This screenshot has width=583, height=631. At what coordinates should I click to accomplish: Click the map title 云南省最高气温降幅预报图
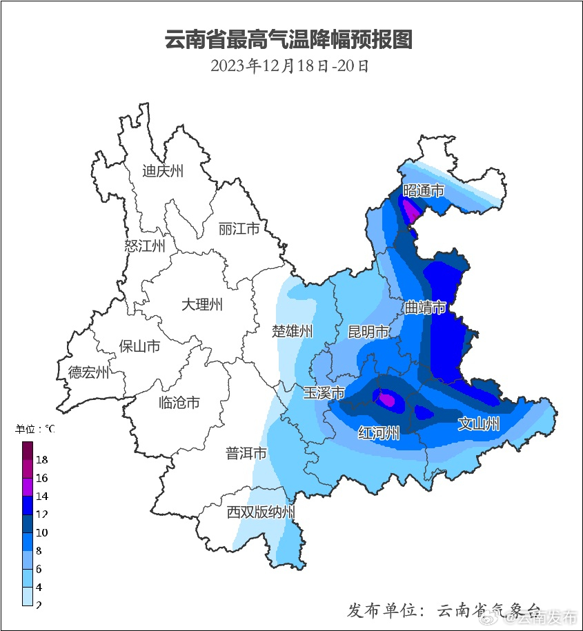288,39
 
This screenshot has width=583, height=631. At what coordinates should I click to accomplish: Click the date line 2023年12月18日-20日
290,66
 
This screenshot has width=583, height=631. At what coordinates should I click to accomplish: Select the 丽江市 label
239,228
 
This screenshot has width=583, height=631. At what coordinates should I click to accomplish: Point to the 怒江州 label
145,246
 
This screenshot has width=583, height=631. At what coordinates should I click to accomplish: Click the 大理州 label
202,304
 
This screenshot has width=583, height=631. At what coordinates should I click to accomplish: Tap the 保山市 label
139,346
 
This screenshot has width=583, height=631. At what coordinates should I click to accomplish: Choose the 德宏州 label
88,373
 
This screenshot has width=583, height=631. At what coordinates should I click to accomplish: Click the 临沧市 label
179,402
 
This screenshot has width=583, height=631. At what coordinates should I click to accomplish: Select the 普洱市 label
246,453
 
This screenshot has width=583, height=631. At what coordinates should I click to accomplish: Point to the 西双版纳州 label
261,512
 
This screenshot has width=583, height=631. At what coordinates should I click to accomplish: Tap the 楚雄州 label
293,332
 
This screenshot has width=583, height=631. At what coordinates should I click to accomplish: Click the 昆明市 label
368,332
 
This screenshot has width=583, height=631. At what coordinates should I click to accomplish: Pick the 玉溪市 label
324,393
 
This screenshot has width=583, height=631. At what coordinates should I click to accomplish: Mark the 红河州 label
379,433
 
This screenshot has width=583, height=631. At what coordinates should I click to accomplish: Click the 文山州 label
479,424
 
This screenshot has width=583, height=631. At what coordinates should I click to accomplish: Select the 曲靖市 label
425,307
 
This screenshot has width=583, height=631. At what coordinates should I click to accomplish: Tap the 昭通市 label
423,190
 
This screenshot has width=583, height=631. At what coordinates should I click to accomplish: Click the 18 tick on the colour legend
41,459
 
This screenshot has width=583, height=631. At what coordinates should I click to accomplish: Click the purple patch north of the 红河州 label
386,399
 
